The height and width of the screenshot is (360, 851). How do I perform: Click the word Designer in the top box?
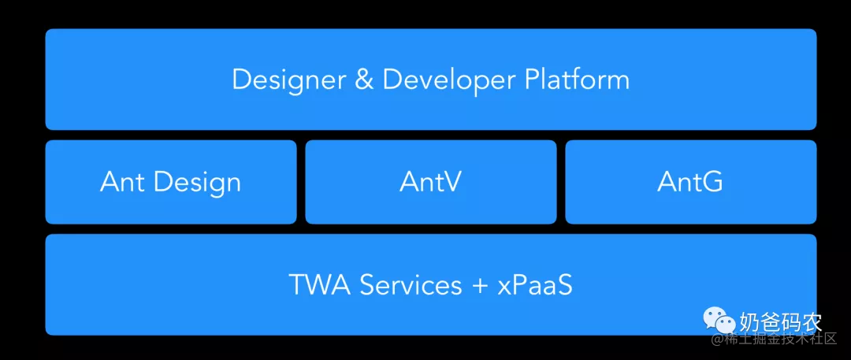pyautogui.click(x=289, y=80)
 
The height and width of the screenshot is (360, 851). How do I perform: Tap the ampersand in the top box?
pyautogui.click(x=364, y=80)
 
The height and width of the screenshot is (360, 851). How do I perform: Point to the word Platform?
pyautogui.click(x=577, y=80)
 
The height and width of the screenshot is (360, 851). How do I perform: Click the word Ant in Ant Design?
pyautogui.click(x=124, y=182)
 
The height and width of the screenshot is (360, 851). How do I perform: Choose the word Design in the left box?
pyautogui.click(x=198, y=183)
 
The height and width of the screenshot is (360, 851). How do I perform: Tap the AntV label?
pyautogui.click(x=430, y=182)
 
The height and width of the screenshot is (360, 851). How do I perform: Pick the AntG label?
pyautogui.click(x=689, y=182)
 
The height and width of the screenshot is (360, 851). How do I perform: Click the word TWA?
pyautogui.click(x=320, y=285)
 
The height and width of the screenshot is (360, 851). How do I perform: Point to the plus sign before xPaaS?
pyautogui.click(x=480, y=286)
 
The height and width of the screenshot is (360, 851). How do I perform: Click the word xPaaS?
pyautogui.click(x=534, y=285)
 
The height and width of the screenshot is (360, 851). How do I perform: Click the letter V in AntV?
pyautogui.click(x=451, y=182)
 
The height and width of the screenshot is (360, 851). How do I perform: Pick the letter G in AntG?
pyautogui.click(x=711, y=182)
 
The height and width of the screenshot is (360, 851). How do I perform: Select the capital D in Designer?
pyautogui.click(x=242, y=80)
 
